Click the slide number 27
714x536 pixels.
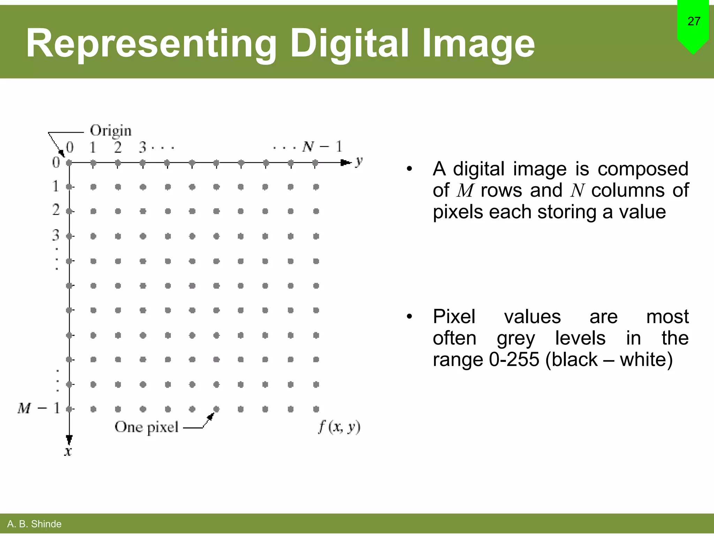694,21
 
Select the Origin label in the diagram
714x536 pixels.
111,131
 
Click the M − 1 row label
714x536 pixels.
39,408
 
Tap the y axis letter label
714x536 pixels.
359,162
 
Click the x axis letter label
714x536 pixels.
68,452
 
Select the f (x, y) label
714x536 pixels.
339,427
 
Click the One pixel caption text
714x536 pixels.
146,427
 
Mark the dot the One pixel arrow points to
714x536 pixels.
217,409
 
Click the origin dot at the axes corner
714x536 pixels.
69,163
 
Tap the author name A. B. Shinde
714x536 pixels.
34,524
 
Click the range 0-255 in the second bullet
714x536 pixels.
514,359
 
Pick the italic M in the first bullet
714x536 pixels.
465,191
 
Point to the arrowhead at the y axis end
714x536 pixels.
346,163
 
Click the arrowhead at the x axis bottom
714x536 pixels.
69,440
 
